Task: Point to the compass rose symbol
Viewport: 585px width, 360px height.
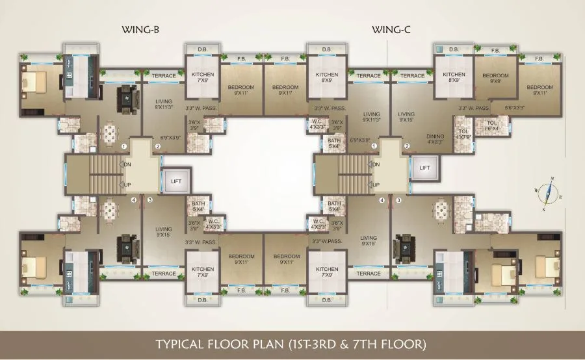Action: coord(550,192)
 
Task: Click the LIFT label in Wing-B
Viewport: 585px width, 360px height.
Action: coord(175,181)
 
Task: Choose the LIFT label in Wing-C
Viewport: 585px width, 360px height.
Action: coord(424,168)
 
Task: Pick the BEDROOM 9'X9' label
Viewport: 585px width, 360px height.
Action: coord(495,79)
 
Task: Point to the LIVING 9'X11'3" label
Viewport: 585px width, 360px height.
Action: coord(371,116)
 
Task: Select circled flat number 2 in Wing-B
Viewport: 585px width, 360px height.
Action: coord(157,146)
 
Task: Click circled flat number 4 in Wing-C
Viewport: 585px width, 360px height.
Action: coord(382,200)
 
